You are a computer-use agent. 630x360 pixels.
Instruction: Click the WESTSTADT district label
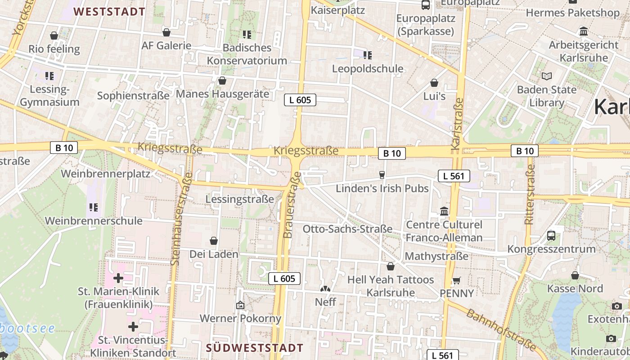pos(109,12)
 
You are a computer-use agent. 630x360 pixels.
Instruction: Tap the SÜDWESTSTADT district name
pos(255,348)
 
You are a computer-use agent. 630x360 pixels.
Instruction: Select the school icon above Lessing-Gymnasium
pos(49,76)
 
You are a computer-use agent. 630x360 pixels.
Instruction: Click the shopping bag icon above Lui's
pos(434,83)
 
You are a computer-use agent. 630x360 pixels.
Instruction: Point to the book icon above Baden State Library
pos(547,76)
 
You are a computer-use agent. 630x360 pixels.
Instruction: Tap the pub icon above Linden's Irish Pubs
pos(382,175)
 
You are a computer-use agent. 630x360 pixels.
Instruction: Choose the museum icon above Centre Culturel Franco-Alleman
pos(444,211)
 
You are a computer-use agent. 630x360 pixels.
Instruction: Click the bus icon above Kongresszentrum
pos(551,235)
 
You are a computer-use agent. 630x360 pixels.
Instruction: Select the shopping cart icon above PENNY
pos(456,280)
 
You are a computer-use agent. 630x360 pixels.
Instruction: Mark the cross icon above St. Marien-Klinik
pos(118,278)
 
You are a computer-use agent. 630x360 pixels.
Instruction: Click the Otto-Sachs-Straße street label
pos(347,229)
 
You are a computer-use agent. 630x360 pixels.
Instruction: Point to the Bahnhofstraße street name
pos(500,330)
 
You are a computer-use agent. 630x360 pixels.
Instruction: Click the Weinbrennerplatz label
pos(105,174)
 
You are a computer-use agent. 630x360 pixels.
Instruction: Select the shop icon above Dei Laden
pos(214,241)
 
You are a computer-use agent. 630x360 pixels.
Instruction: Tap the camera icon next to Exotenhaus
pos(616,306)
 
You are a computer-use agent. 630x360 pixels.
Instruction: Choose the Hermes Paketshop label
pos(572,13)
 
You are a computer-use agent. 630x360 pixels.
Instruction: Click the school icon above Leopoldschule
pos(368,55)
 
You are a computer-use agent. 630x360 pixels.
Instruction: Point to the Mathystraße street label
pos(436,256)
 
